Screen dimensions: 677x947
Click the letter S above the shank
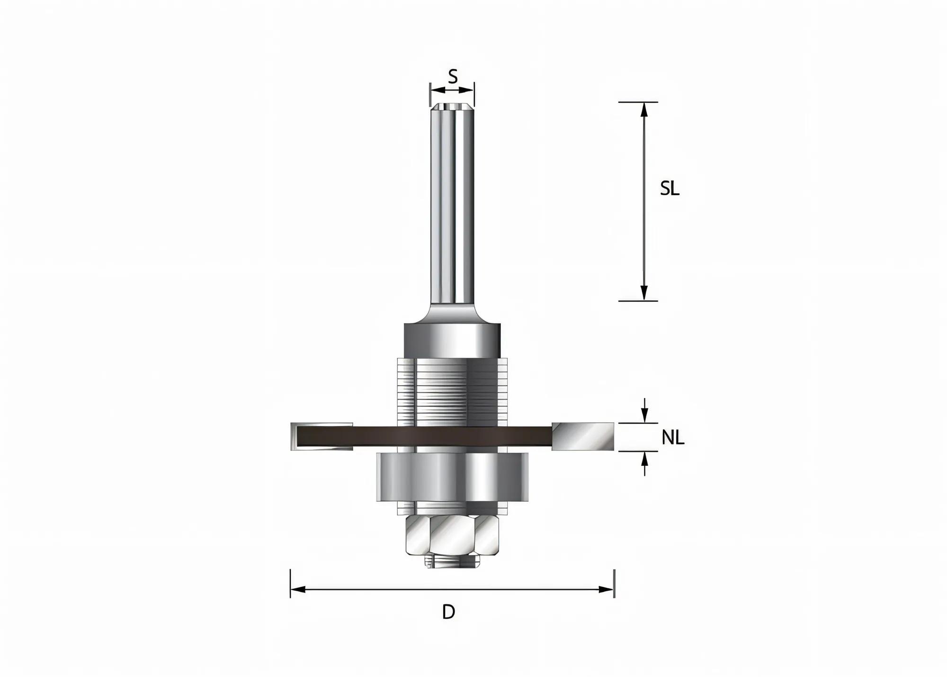tap(453, 76)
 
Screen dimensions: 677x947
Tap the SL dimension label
tap(670, 189)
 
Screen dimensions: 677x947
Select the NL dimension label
tap(672, 438)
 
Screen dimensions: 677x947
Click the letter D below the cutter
tap(448, 612)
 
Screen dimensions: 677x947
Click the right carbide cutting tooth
tap(583, 436)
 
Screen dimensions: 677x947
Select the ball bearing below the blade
tap(452, 477)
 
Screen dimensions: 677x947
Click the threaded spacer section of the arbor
tap(452, 390)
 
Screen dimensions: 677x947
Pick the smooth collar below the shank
tap(452, 340)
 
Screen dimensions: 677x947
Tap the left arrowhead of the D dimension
tap(297, 589)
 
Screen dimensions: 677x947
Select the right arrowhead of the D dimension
tap(607, 589)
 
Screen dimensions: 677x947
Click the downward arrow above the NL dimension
tap(644, 417)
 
